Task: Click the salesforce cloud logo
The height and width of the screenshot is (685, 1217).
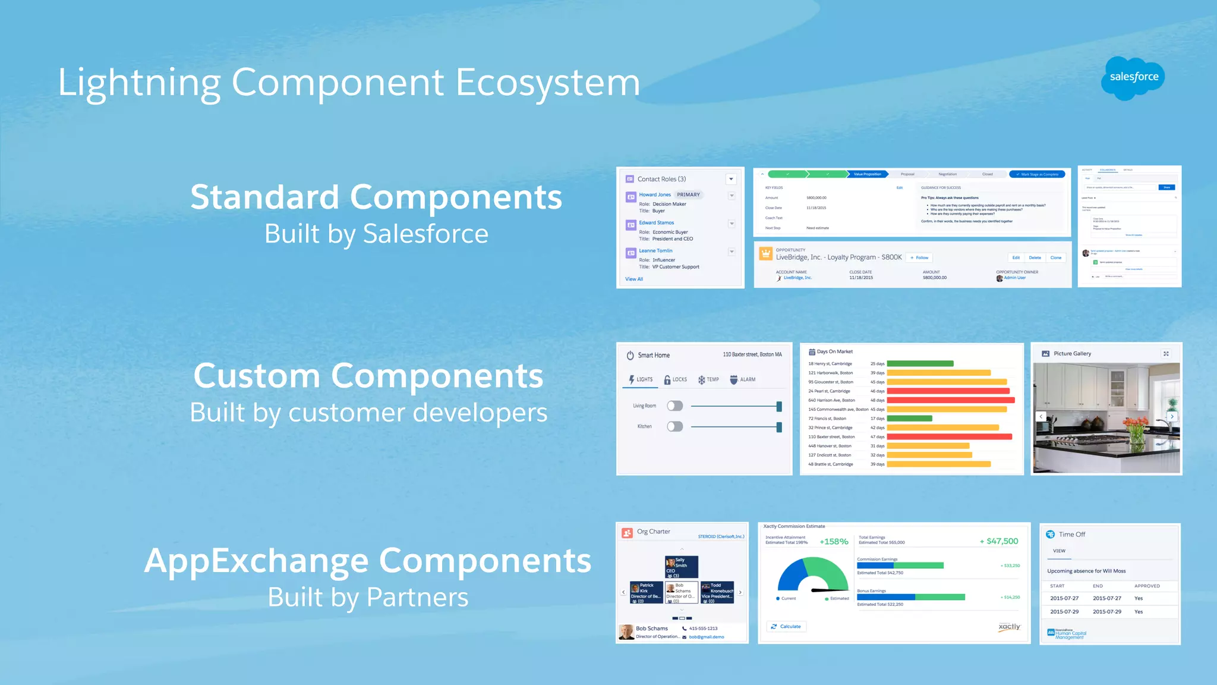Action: [1133, 78]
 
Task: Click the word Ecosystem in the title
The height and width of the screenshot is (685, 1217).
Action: [547, 83]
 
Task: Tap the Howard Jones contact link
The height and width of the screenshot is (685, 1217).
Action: [654, 194]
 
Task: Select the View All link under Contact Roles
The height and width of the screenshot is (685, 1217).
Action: [633, 279]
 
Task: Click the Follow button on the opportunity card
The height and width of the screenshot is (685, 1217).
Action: [919, 257]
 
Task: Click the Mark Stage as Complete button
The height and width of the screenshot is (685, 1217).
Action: [1037, 174]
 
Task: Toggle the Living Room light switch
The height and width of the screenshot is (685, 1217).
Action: [674, 406]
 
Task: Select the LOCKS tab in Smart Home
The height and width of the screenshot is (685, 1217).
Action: [676, 379]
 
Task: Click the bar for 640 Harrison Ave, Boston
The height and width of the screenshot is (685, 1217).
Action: [950, 400]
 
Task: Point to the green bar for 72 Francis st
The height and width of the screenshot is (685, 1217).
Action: [909, 419]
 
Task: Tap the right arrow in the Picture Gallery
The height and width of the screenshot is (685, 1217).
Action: [1171, 417]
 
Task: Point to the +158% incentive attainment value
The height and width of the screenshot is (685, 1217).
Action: [834, 542]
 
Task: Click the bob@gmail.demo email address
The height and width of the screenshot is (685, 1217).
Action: [706, 637]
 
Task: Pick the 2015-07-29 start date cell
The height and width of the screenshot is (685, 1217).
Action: [1064, 611]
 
